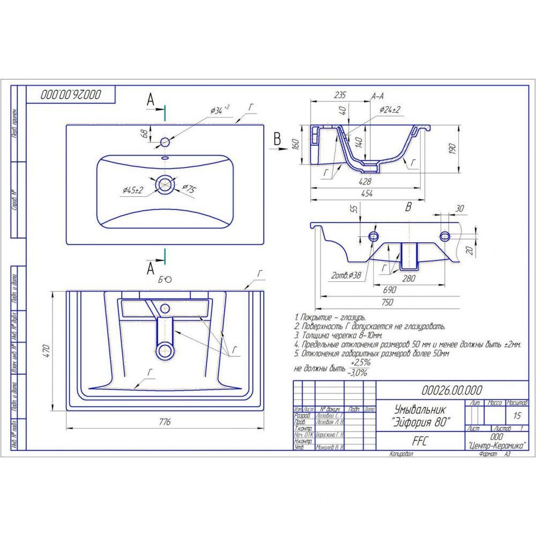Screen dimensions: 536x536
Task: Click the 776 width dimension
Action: click(165, 423)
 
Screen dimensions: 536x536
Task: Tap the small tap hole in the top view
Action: click(165, 142)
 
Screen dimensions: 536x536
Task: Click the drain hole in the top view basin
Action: click(165, 184)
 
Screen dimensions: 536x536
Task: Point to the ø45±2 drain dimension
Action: click(133, 190)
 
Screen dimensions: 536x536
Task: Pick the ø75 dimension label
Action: click(189, 188)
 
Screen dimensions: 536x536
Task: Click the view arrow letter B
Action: click(277, 139)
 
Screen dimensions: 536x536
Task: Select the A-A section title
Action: click(377, 97)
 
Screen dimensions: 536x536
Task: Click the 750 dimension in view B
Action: click(386, 302)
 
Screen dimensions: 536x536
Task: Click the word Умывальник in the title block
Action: click(409, 408)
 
